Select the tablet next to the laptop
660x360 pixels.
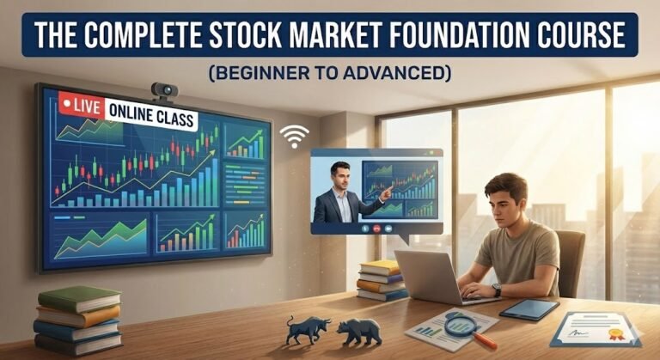[x=529, y=309]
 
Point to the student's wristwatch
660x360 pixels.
[x=497, y=290]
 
